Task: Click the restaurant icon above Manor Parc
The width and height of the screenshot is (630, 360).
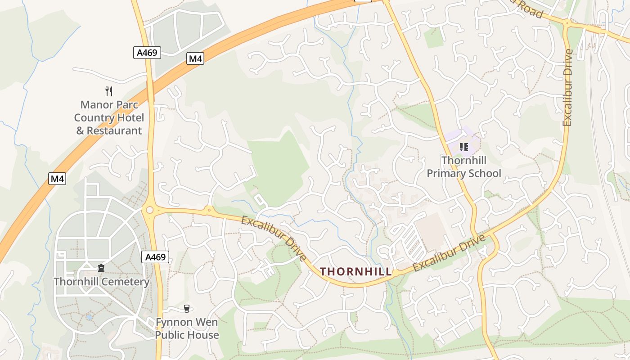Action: pos(108,91)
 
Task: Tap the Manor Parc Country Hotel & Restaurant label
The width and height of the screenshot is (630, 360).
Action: pos(109,118)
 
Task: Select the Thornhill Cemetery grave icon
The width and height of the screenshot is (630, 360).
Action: pos(101,268)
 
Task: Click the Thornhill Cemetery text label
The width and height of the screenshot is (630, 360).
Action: pos(101,282)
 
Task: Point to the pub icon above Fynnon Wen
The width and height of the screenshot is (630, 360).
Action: pos(187,309)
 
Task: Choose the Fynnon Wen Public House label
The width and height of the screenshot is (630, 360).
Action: pos(187,329)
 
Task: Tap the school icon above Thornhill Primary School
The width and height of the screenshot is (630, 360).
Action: pos(464,147)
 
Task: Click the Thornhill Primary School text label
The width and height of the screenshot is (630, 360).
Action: pos(464,167)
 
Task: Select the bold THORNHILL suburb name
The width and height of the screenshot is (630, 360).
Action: pos(355,271)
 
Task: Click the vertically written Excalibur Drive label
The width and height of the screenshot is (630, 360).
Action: pos(568,88)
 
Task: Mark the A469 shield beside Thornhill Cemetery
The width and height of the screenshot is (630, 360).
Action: pos(156,257)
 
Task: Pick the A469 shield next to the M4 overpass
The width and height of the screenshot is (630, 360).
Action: pos(147,53)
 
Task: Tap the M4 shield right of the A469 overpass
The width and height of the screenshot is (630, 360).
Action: pos(195,58)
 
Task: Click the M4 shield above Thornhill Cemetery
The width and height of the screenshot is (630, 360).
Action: pos(58,179)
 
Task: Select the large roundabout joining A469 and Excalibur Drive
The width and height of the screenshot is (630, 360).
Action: pos(150,210)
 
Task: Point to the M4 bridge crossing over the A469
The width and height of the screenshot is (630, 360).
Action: pos(150,90)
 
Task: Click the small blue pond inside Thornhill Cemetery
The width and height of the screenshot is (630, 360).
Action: pos(89,317)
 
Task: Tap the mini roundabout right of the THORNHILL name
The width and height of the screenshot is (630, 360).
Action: pos(395,273)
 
